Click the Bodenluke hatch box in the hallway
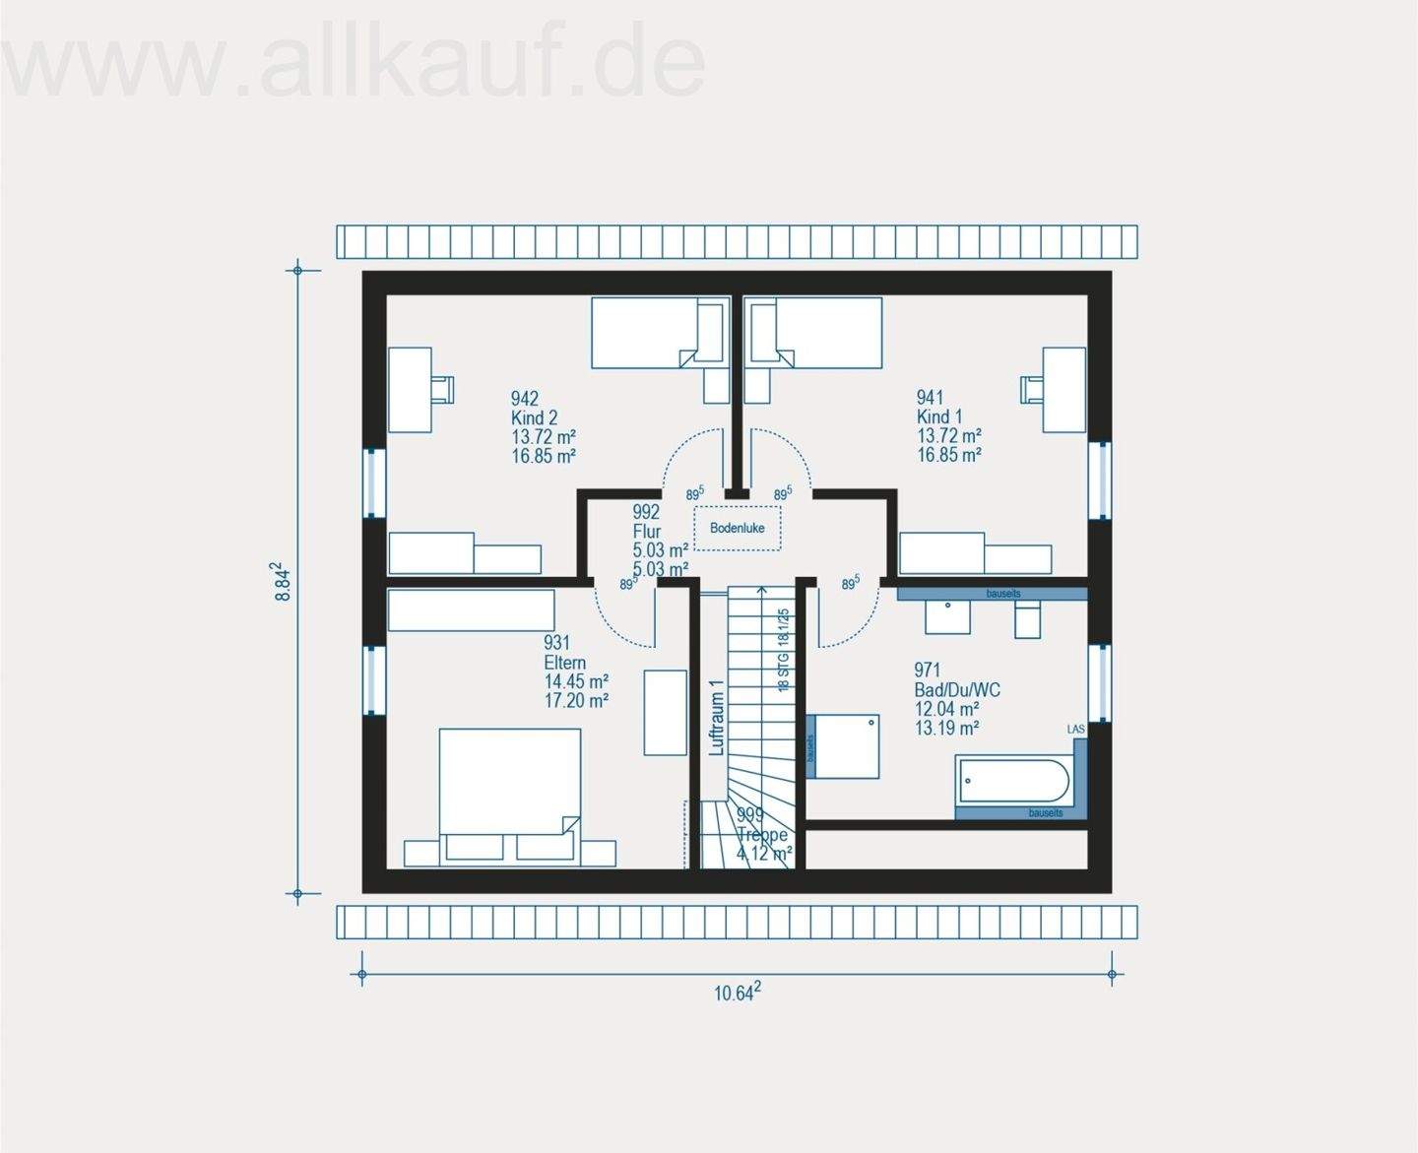(x=737, y=528)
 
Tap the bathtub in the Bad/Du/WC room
(x=1012, y=781)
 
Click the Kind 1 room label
(x=939, y=416)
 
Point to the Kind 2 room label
(x=534, y=417)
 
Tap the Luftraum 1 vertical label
(x=717, y=718)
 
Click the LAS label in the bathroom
(x=1075, y=730)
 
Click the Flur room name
(x=647, y=532)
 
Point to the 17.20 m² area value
(x=576, y=701)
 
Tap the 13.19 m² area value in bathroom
(x=946, y=729)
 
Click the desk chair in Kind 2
(x=442, y=389)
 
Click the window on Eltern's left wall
(x=373, y=679)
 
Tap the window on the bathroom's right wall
(x=1100, y=682)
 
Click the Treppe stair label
(x=762, y=835)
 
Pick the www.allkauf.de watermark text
(x=354, y=61)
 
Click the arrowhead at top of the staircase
(x=761, y=590)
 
